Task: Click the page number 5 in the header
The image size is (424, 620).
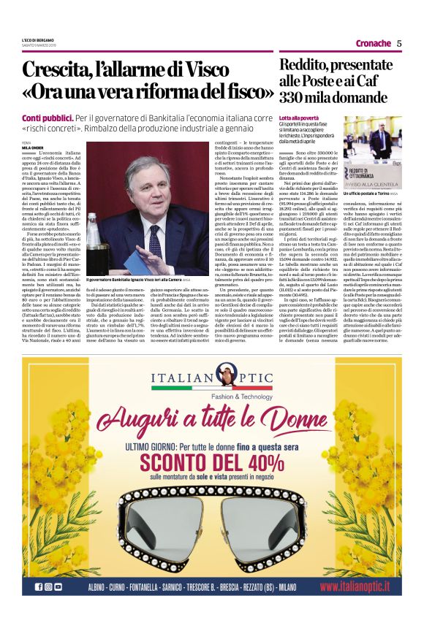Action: point(399,43)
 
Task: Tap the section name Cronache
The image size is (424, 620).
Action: point(374,43)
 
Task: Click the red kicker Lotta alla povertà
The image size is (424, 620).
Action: point(298,118)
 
